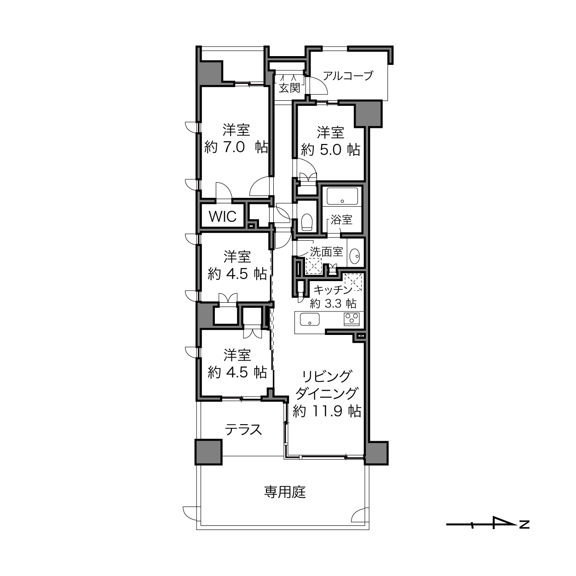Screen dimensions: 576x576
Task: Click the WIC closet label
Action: (223, 216)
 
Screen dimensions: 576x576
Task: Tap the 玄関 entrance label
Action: (289, 88)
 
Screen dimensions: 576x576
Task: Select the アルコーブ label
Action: (348, 76)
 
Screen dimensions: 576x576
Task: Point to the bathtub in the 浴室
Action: (342, 196)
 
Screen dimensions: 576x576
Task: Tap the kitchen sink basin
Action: (310, 320)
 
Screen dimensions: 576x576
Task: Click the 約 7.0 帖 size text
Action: (236, 147)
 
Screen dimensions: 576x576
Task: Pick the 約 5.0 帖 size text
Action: (330, 150)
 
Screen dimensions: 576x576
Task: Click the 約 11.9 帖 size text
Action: (327, 411)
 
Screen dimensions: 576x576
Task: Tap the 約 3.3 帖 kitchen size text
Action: (333, 304)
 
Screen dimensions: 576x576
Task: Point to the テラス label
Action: (243, 430)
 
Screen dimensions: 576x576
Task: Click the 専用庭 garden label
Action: (285, 492)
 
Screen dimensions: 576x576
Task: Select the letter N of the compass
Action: (524, 524)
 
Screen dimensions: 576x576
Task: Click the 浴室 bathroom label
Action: (341, 220)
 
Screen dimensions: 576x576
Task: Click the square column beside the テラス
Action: (208, 452)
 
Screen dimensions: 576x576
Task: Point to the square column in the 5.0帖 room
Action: (368, 114)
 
